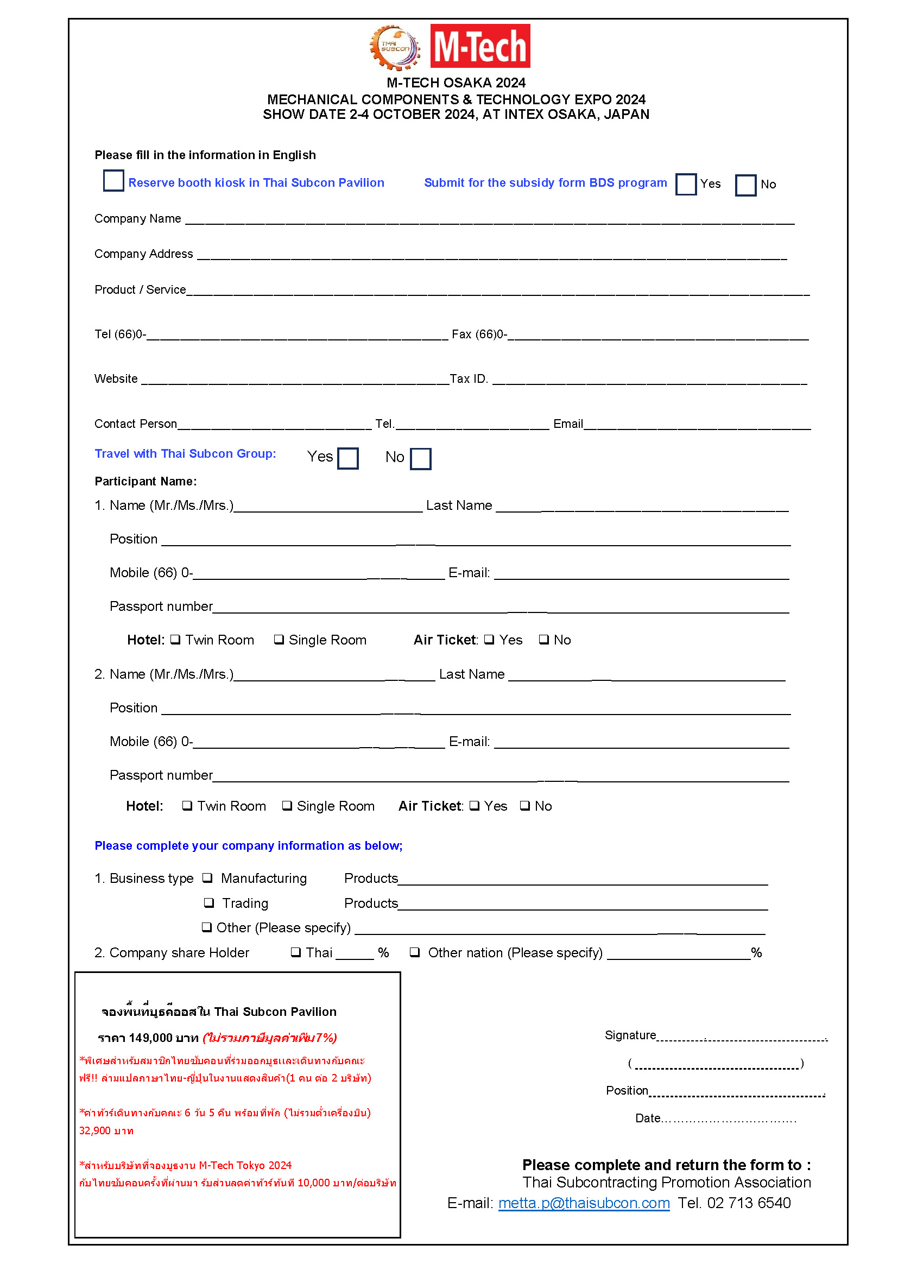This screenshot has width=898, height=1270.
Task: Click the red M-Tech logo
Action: (x=480, y=46)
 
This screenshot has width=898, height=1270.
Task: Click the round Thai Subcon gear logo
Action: (x=395, y=48)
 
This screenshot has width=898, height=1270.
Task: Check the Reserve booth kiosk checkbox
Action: (x=113, y=181)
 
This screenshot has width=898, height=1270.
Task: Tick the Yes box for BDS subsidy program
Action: (x=686, y=184)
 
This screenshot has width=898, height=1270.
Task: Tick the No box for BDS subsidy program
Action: (x=745, y=185)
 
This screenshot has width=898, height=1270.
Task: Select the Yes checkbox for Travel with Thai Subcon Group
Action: (x=348, y=459)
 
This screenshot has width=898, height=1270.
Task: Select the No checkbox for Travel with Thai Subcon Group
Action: (x=420, y=459)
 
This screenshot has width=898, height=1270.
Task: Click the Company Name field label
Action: (x=138, y=218)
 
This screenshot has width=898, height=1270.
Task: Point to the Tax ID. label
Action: (x=469, y=379)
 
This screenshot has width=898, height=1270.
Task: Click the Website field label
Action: (x=116, y=379)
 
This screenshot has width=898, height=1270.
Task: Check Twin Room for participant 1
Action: (x=175, y=640)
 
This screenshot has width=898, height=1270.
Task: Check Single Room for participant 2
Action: (x=287, y=805)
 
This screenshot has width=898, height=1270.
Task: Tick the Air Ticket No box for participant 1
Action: (x=544, y=640)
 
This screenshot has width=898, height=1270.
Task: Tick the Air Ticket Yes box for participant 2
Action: (x=475, y=805)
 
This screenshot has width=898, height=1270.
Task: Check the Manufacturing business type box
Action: (x=207, y=878)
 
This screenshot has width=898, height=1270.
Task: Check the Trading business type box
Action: (x=209, y=903)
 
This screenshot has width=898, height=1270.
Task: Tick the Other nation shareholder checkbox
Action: (x=415, y=952)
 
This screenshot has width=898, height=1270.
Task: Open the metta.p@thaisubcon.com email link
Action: (x=584, y=1203)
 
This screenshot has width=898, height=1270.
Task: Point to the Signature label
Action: (x=630, y=1035)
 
